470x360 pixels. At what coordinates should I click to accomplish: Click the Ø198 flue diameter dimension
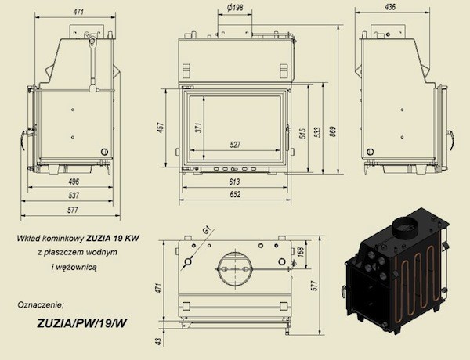pyautogui.click(x=235, y=8)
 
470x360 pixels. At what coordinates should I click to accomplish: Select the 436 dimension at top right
pyautogui.click(x=389, y=7)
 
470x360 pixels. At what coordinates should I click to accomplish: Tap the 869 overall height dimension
pyautogui.click(x=333, y=131)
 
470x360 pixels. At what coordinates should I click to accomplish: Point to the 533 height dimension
pyautogui.click(x=318, y=132)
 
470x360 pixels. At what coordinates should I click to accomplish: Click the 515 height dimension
pyautogui.click(x=302, y=133)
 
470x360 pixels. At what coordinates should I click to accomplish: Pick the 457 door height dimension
pyautogui.click(x=161, y=128)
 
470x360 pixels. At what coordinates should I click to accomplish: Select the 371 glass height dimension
pyautogui.click(x=198, y=128)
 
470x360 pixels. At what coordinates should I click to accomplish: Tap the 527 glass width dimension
pyautogui.click(x=235, y=145)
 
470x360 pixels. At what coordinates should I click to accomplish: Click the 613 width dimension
pyautogui.click(x=234, y=182)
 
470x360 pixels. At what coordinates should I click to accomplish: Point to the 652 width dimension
pyautogui.click(x=235, y=194)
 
